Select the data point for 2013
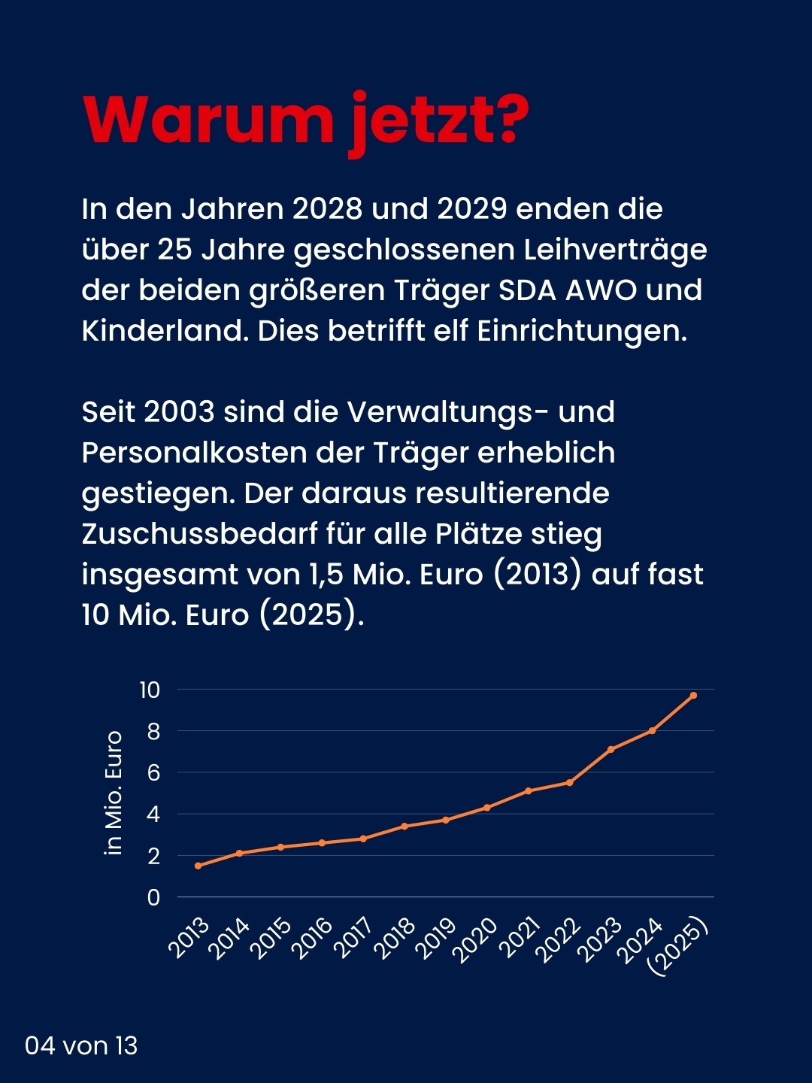click(x=198, y=866)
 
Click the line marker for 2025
click(x=693, y=695)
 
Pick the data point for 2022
click(x=570, y=783)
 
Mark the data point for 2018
click(x=404, y=826)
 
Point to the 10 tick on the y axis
click(x=150, y=690)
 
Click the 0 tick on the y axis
click(x=153, y=897)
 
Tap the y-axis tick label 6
click(x=153, y=772)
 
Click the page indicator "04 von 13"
click(x=81, y=1045)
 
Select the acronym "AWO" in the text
click(x=600, y=290)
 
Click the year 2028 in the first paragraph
click(x=327, y=209)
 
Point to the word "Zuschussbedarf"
click(x=199, y=534)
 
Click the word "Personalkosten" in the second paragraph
click(x=193, y=453)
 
